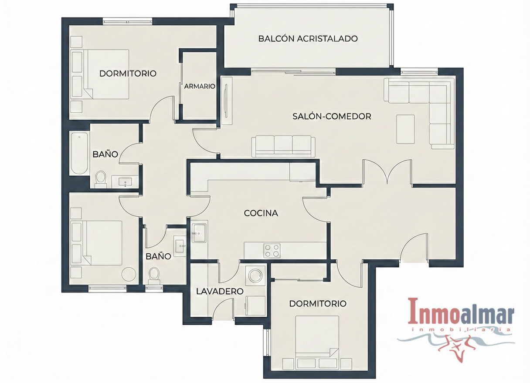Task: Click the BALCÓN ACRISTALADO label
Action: click(x=308, y=38)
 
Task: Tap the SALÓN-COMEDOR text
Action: click(x=332, y=117)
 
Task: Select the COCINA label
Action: click(x=261, y=213)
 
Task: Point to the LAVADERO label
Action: click(x=220, y=291)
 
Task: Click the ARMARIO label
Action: click(x=200, y=87)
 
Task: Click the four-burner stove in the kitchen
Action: click(x=272, y=251)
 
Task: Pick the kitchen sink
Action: click(x=199, y=233)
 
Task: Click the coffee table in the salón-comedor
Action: click(x=405, y=129)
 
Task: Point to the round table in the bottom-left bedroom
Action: click(x=129, y=274)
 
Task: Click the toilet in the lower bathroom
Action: click(x=154, y=276)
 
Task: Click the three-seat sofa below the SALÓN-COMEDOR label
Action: click(x=283, y=146)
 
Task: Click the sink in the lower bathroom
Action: click(x=180, y=246)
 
